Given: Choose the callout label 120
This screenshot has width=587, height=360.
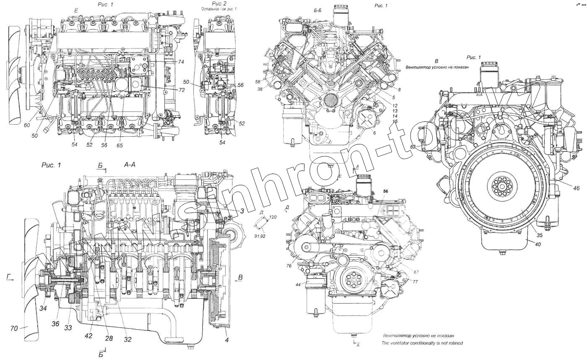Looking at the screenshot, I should (x=273, y=217).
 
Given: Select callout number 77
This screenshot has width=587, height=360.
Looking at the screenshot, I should (x=403, y=281).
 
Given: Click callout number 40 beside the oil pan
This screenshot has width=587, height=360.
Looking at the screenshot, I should (x=538, y=244).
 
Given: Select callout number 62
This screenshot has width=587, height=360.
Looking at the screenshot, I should (x=413, y=147).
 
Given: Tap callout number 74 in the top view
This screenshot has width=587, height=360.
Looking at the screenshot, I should (x=181, y=62).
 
